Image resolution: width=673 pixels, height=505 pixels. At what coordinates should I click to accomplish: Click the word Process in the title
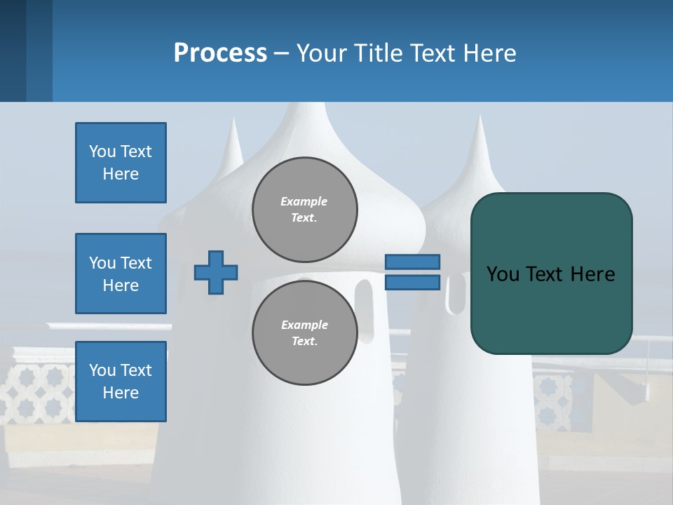coord(220,53)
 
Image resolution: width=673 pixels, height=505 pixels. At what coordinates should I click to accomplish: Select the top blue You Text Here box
coord(121,163)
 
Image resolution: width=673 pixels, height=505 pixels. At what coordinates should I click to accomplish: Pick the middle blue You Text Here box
coord(121,274)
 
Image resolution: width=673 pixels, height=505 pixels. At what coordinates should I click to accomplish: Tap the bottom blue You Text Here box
coord(121,382)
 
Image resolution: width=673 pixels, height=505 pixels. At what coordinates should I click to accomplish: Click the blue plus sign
coord(216,272)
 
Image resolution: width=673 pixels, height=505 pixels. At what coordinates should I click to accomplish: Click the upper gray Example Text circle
coord(304,210)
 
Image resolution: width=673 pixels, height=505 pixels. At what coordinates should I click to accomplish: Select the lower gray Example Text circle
coord(304,333)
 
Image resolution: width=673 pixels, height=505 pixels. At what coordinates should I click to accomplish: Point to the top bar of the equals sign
coord(412,262)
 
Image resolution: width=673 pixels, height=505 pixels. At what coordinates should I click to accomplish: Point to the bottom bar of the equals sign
coord(412,283)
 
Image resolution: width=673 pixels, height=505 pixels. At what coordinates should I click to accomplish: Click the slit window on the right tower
coord(456,295)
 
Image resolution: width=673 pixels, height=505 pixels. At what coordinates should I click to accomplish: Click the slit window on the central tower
coord(364,302)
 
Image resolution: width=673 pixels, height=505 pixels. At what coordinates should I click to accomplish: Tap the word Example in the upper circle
coord(304,201)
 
